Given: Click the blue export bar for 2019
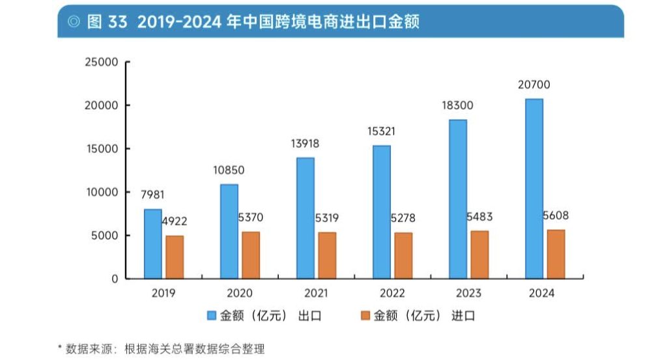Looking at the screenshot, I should pyautogui.click(x=153, y=243).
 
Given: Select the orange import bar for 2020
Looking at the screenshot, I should pyautogui.click(x=251, y=255).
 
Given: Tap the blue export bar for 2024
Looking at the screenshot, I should pyautogui.click(x=533, y=188).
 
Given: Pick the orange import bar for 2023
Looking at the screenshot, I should pyautogui.click(x=479, y=254).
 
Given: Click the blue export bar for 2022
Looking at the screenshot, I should pyautogui.click(x=382, y=212).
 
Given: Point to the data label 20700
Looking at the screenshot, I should pyautogui.click(x=534, y=85).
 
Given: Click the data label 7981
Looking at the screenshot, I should pyautogui.click(x=152, y=195).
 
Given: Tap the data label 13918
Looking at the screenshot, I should pyautogui.click(x=305, y=143).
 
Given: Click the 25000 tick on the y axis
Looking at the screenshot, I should pyautogui.click(x=100, y=62).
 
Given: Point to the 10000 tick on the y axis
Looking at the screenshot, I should pyautogui.click(x=100, y=192).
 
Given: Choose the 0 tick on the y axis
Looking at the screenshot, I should pyautogui.click(x=114, y=279).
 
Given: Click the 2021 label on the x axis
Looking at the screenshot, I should pyautogui.click(x=316, y=294).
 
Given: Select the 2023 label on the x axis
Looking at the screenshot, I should pyautogui.click(x=468, y=294).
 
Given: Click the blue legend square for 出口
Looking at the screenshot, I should pyautogui.click(x=212, y=316).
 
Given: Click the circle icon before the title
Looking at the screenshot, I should pyautogui.click(x=72, y=21).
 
